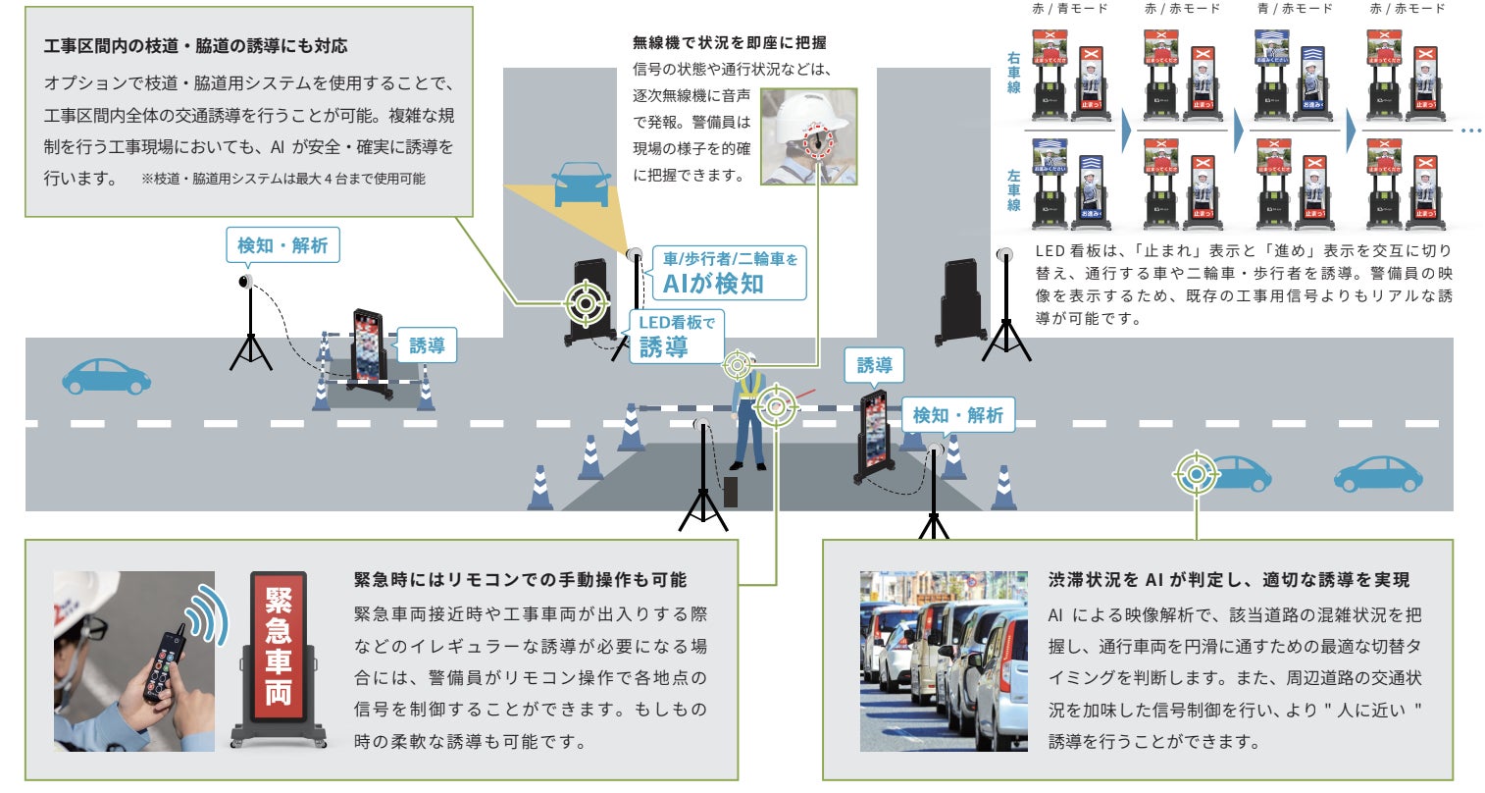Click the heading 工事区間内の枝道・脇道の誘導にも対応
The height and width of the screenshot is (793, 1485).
[195, 46]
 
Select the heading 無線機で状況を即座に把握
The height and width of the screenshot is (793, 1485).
[729, 42]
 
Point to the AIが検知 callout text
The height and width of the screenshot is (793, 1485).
[713, 284]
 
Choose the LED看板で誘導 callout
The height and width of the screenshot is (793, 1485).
[676, 336]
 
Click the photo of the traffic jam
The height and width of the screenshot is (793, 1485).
[944, 661]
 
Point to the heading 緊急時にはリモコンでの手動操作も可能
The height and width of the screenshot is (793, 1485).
[520, 580]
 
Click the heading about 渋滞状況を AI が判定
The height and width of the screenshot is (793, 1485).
[1228, 580]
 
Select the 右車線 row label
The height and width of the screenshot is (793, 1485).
[1013, 73]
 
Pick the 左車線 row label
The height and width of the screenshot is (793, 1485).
[1013, 190]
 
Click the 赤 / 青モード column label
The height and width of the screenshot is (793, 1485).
[1069, 9]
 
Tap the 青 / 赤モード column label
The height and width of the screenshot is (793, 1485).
[1295, 9]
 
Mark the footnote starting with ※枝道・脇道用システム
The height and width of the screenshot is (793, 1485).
[283, 179]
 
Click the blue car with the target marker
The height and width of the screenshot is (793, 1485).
[1230, 474]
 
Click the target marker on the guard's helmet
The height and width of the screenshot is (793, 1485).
[739, 365]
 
